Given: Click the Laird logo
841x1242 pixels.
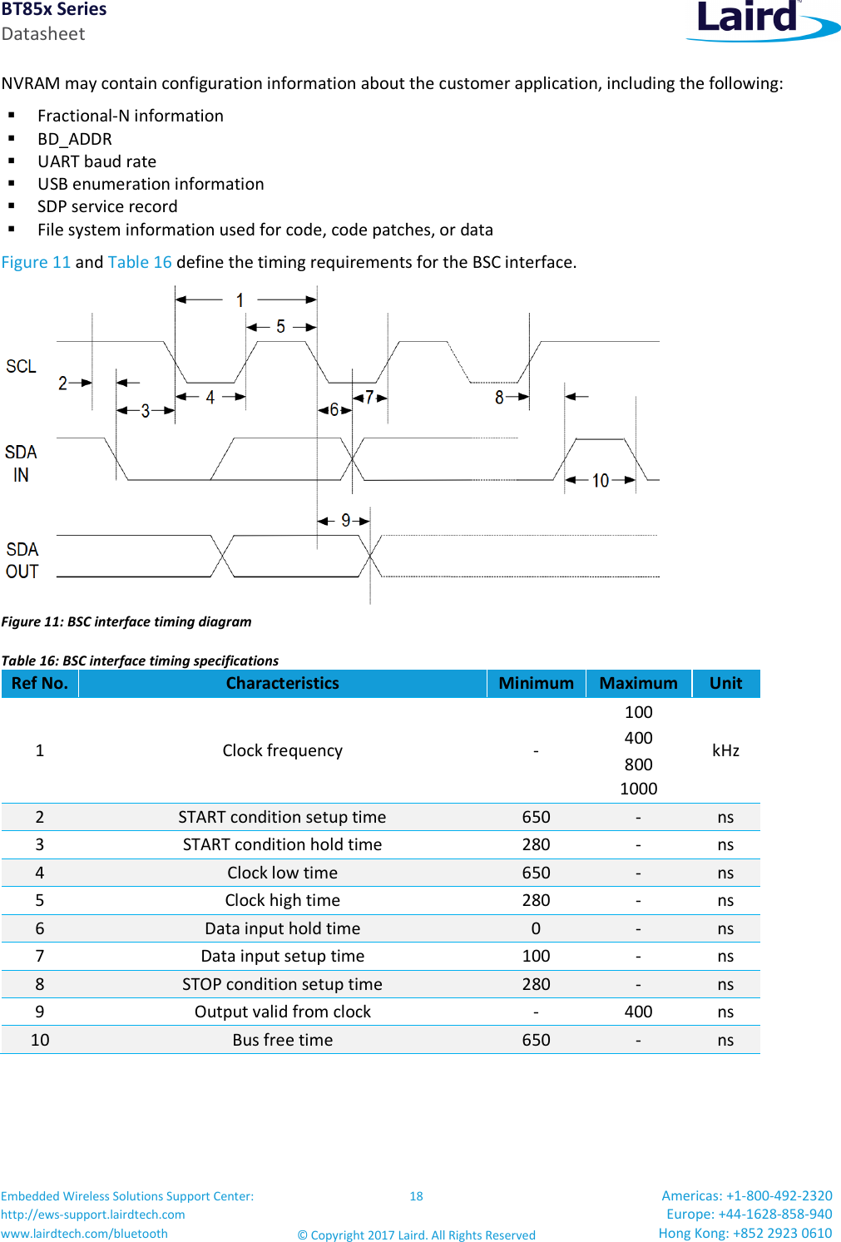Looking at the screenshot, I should [760, 20].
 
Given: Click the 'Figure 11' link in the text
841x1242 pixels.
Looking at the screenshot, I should [37, 262].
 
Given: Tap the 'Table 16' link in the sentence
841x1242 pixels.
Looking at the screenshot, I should [140, 262].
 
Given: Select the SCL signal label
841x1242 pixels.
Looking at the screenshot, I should [22, 367].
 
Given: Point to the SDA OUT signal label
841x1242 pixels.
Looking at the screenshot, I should [22, 561].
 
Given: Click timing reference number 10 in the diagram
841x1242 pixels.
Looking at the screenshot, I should [601, 481].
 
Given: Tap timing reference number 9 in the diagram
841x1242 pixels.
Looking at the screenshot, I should [345, 521].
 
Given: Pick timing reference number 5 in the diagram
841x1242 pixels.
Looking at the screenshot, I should [280, 327].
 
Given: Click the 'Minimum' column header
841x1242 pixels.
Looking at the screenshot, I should [536, 683].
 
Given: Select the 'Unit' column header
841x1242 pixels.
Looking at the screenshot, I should [725, 683].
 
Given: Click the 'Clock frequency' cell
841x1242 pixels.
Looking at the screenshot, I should [282, 750].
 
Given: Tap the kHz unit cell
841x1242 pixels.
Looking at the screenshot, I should [725, 750].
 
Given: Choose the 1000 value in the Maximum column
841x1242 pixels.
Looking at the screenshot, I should [638, 789].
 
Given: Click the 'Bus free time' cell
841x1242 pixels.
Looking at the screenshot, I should [282, 1040].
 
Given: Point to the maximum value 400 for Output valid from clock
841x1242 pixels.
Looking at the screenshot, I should [638, 1012].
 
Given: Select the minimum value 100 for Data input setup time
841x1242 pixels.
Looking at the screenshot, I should [536, 956].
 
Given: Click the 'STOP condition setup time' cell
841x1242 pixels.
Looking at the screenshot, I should [282, 984].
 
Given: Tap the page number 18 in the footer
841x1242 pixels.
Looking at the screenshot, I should [416, 1196].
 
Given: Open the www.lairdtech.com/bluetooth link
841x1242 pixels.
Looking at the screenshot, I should [84, 1234].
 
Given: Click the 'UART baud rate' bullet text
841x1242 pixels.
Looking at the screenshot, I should [96, 161].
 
